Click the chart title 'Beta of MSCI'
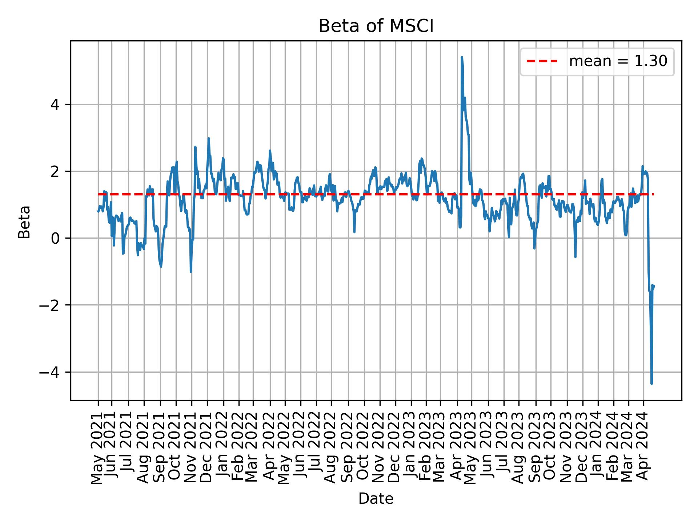point(376,27)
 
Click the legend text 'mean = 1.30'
point(618,61)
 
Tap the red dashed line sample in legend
point(542,61)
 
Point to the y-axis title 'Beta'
point(24,222)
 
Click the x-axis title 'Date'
point(376,499)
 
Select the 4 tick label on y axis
point(55,105)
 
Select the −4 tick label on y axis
point(50,372)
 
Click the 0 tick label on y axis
point(55,238)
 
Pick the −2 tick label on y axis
point(50,305)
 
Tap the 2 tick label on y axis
point(55,171)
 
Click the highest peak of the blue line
point(462,57)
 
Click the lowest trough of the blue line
point(651,383)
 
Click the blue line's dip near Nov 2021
point(191,272)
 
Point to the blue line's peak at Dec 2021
point(209,138)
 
